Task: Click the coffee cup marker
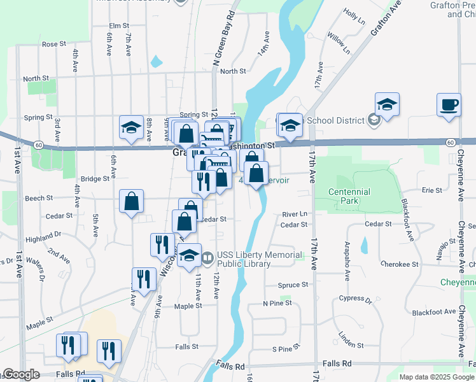pyautogui.click(x=449, y=104)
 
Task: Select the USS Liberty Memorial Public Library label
pyautogui.click(x=260, y=259)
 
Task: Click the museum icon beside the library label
pyautogui.click(x=208, y=258)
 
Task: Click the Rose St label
pyautogui.click(x=54, y=44)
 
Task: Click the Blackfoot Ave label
pyautogui.click(x=433, y=312)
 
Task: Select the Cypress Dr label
pyautogui.click(x=355, y=298)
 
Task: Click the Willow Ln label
pyautogui.click(x=338, y=41)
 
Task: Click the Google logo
pyautogui.click(x=20, y=374)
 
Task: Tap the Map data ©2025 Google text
pyautogui.click(x=436, y=377)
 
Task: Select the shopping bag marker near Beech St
pyautogui.click(x=130, y=201)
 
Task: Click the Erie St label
pyautogui.click(x=431, y=190)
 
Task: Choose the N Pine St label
pyautogui.click(x=277, y=303)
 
